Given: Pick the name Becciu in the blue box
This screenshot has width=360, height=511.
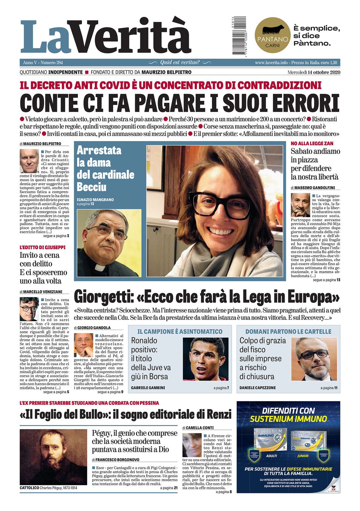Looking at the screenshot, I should coord(91,187).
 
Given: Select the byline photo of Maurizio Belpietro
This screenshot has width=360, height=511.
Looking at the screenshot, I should coord(29,161).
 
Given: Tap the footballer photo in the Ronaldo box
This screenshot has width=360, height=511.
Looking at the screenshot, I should coord(205,359).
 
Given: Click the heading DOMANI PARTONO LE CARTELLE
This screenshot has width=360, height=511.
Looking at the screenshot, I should coord(288,331).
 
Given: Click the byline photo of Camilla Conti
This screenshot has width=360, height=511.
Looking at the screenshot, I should coord(191,445).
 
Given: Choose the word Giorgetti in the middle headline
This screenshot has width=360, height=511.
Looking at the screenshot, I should coord(102,297).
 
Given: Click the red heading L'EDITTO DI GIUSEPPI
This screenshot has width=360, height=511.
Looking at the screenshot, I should coord(43,247).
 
